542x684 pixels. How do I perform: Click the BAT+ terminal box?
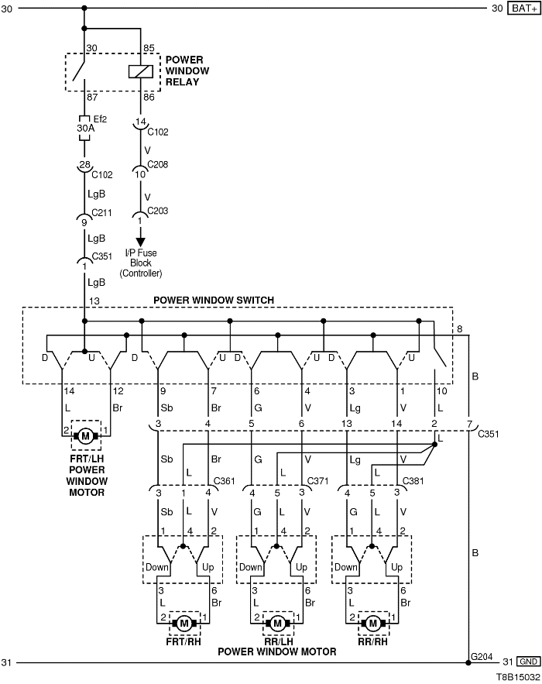click(x=524, y=9)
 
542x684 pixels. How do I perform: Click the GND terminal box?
click(x=528, y=662)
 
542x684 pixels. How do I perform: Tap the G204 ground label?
click(x=482, y=656)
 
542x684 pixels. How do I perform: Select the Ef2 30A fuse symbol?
click(x=84, y=129)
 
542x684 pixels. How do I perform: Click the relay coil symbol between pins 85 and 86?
click(x=141, y=71)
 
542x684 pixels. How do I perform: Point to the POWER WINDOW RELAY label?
click(x=187, y=70)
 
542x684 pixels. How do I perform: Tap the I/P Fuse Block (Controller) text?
click(x=141, y=263)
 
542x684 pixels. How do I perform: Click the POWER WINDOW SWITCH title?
click(x=214, y=300)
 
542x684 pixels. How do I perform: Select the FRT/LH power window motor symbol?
click(x=85, y=436)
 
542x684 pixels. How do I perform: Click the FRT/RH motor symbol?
click(x=184, y=624)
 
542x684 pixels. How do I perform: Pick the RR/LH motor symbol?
click(x=277, y=624)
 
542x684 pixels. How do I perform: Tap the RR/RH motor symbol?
click(x=372, y=624)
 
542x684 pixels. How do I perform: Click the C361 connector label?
click(x=224, y=481)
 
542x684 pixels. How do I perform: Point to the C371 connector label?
click(x=317, y=481)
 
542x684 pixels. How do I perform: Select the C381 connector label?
click(x=413, y=481)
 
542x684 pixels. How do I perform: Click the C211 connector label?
click(x=101, y=213)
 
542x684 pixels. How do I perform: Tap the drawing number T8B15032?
click(x=517, y=677)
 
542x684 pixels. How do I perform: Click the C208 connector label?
click(x=157, y=164)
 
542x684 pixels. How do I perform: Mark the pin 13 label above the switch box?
click(x=94, y=301)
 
